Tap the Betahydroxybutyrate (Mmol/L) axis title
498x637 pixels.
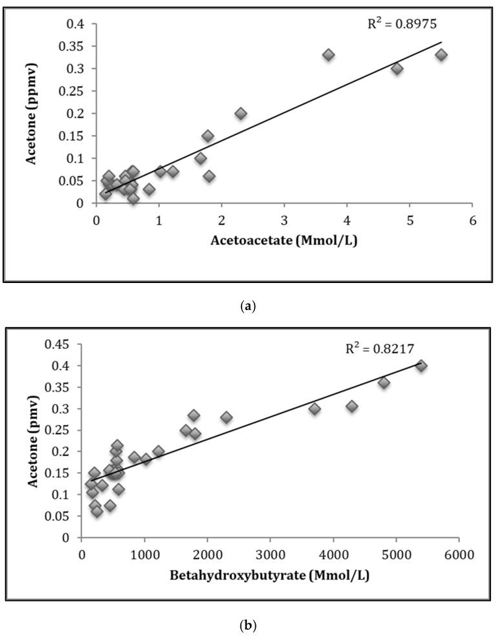(x=270, y=576)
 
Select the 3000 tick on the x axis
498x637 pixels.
(x=270, y=555)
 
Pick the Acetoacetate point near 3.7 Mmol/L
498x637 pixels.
(x=329, y=55)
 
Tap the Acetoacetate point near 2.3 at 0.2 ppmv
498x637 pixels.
(x=241, y=114)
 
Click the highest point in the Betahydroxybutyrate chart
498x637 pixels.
(x=421, y=366)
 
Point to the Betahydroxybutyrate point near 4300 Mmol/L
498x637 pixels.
(x=352, y=406)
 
